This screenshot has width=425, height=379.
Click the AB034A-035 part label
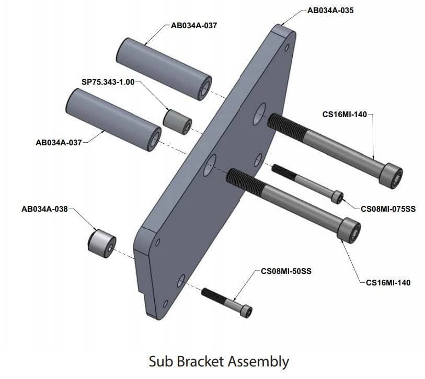(331, 10)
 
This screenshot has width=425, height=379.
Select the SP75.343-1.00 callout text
(108, 82)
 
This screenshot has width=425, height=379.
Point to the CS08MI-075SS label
(388, 209)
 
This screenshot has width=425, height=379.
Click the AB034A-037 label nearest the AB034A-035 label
(194, 25)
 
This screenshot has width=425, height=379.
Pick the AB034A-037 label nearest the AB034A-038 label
(59, 142)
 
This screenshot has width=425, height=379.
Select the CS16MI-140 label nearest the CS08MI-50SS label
(388, 283)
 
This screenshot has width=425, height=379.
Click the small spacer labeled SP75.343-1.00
(177, 121)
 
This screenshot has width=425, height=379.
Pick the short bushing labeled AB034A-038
(101, 243)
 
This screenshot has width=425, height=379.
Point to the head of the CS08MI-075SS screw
(338, 197)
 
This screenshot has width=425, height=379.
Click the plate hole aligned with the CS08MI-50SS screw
(181, 281)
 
